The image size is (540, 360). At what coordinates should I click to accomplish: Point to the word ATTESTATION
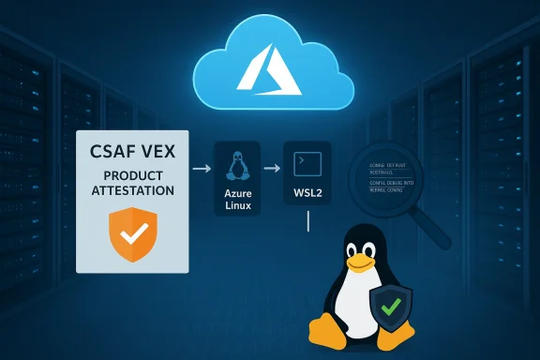point(131,190)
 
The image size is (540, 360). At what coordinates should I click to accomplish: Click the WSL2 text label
point(307,196)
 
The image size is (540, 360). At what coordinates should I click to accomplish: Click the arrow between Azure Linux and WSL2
point(272,171)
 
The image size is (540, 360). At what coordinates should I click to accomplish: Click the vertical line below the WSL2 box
point(308,221)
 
